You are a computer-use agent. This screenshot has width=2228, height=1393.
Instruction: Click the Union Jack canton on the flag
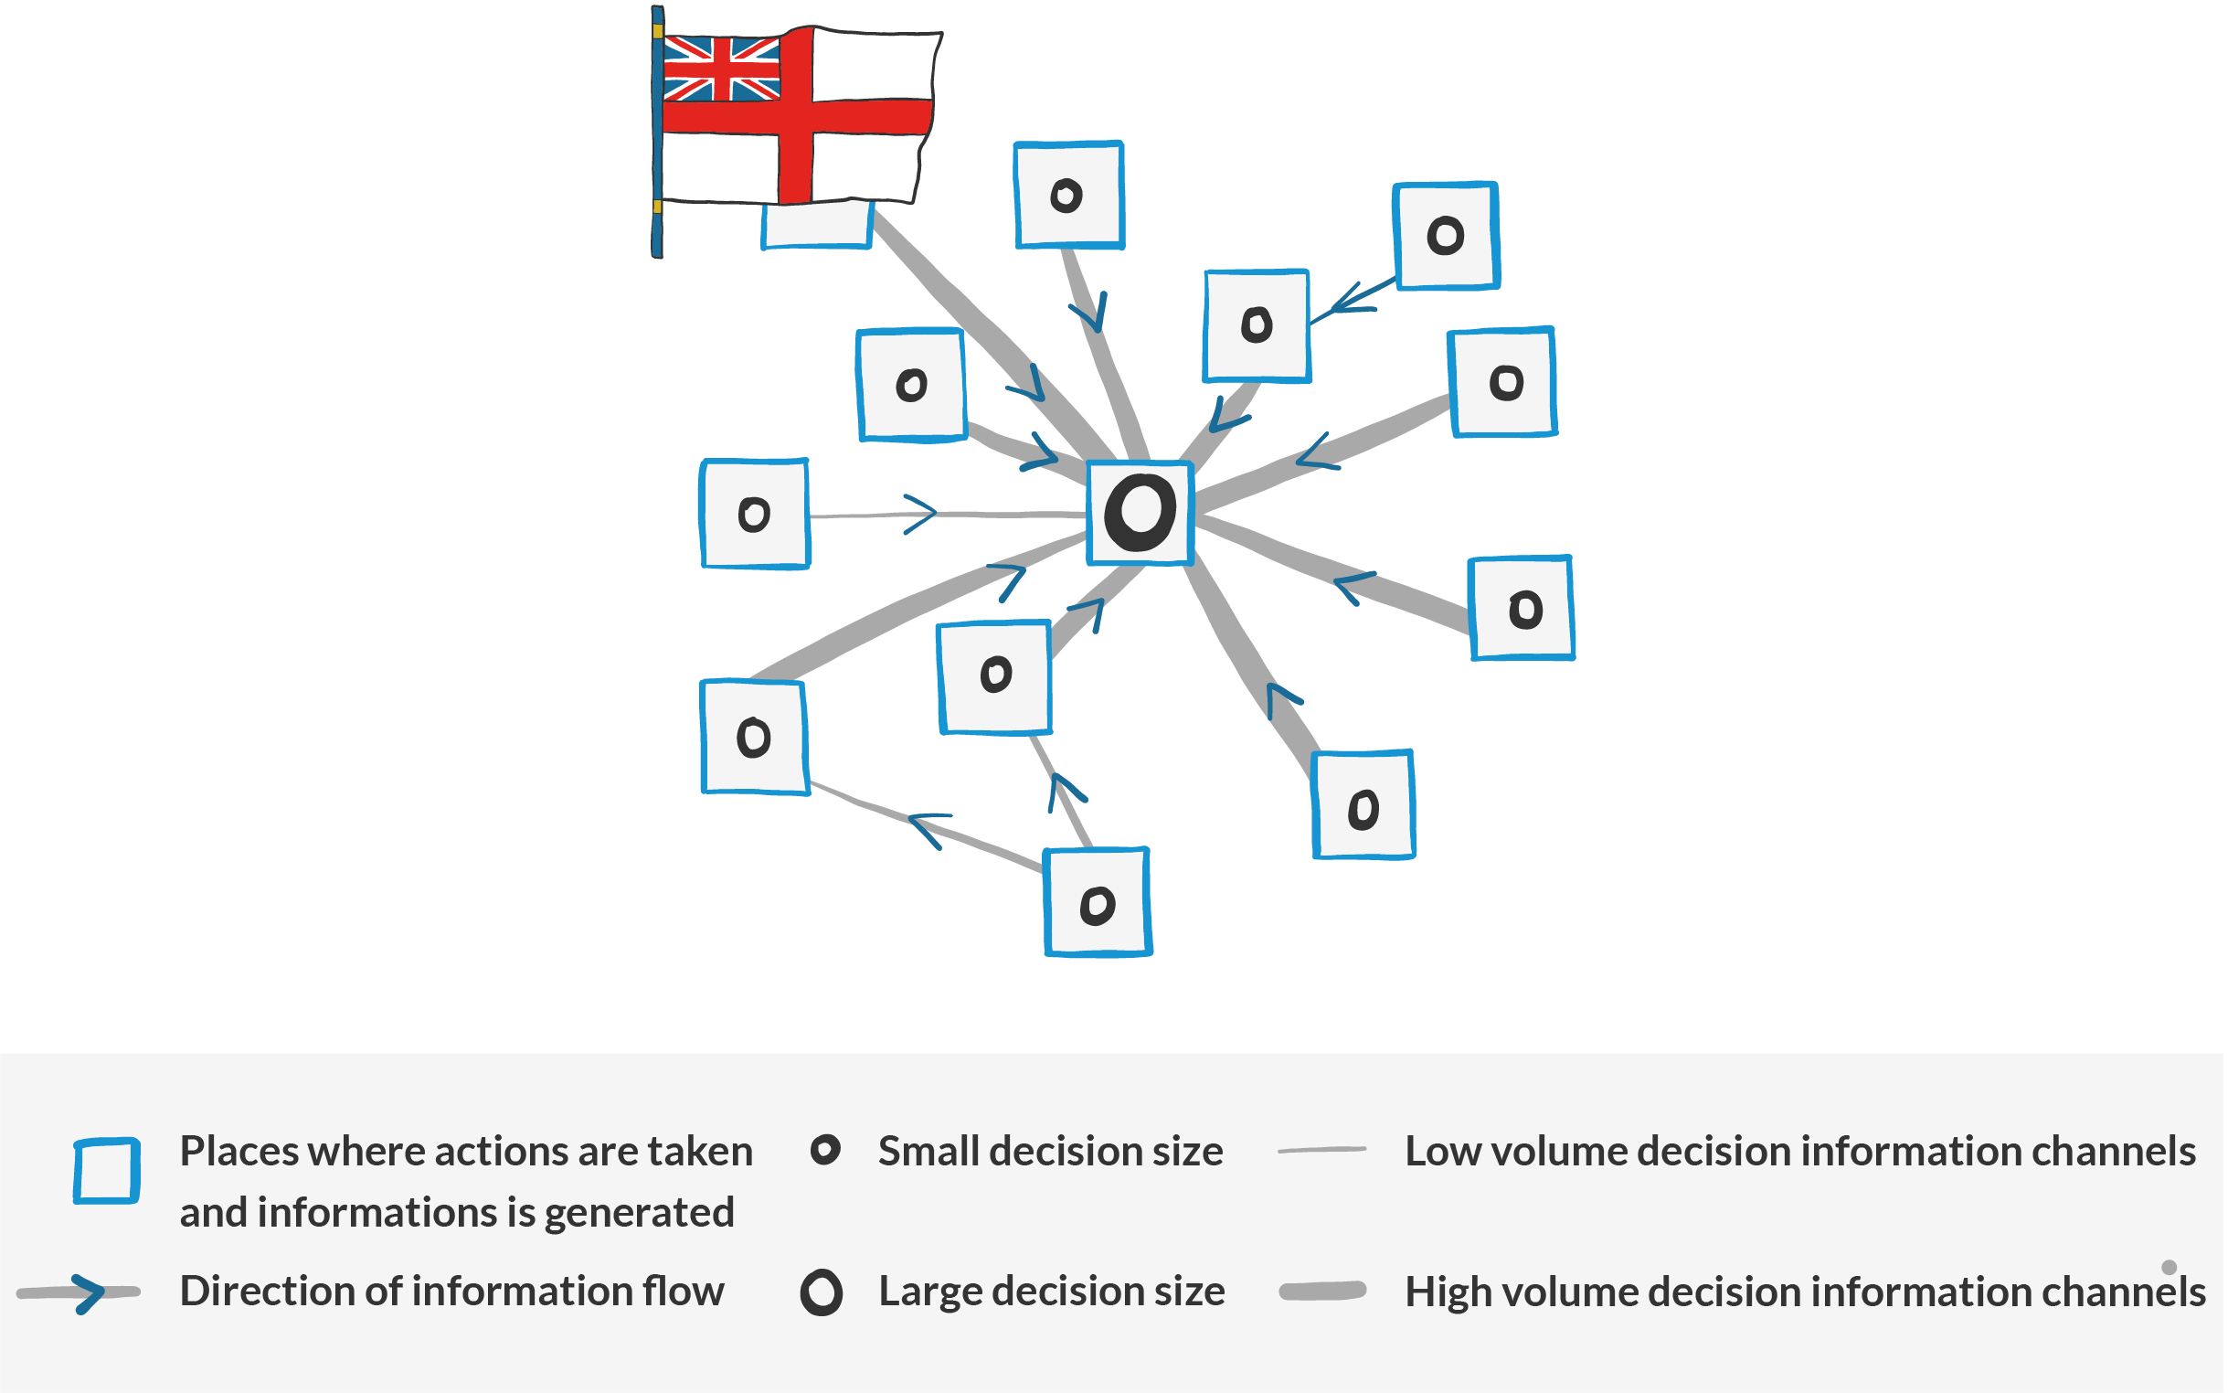pos(722,69)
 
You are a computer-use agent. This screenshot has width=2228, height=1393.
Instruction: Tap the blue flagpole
pos(657,132)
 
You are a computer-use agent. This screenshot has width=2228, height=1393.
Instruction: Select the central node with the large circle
pos(1141,512)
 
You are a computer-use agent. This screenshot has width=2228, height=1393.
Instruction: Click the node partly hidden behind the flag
pos(817,225)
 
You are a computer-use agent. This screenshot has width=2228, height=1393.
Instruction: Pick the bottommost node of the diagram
pos(1098,902)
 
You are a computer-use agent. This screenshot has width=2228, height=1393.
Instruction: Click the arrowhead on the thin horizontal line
pos(920,514)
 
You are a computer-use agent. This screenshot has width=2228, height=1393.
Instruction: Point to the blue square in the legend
pos(107,1171)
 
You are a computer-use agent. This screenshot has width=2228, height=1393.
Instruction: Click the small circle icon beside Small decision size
pos(825,1150)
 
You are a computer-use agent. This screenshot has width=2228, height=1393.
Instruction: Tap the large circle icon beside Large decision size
pos(822,1292)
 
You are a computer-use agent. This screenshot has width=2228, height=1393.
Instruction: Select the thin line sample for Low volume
pos(1321,1150)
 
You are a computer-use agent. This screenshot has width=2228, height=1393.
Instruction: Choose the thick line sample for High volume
pos(1322,1292)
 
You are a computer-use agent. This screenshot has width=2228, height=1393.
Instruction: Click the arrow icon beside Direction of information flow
pos(80,1293)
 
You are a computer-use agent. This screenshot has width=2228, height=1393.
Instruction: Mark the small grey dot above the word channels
pos(2169,1267)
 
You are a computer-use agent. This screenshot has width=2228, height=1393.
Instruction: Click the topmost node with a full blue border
pos(1068,196)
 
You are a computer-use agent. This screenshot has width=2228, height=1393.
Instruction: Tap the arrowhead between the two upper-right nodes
pos(1351,299)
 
